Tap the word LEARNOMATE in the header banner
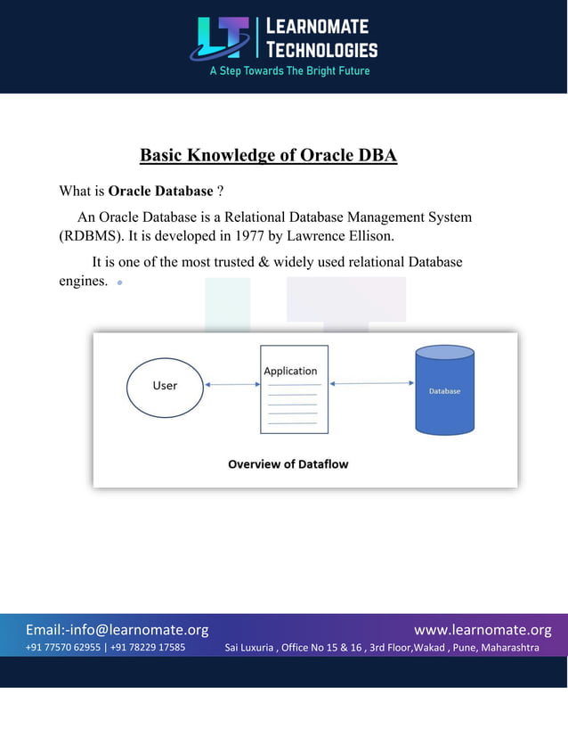click(317, 26)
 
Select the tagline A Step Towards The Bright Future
click(289, 70)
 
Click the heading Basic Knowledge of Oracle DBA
click(268, 156)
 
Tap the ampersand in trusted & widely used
click(272, 262)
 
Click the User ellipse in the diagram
click(165, 386)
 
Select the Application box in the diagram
click(294, 389)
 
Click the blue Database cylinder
click(444, 391)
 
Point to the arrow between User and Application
click(231, 385)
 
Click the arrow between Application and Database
click(372, 384)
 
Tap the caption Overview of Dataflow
click(288, 464)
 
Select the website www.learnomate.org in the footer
click(483, 630)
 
